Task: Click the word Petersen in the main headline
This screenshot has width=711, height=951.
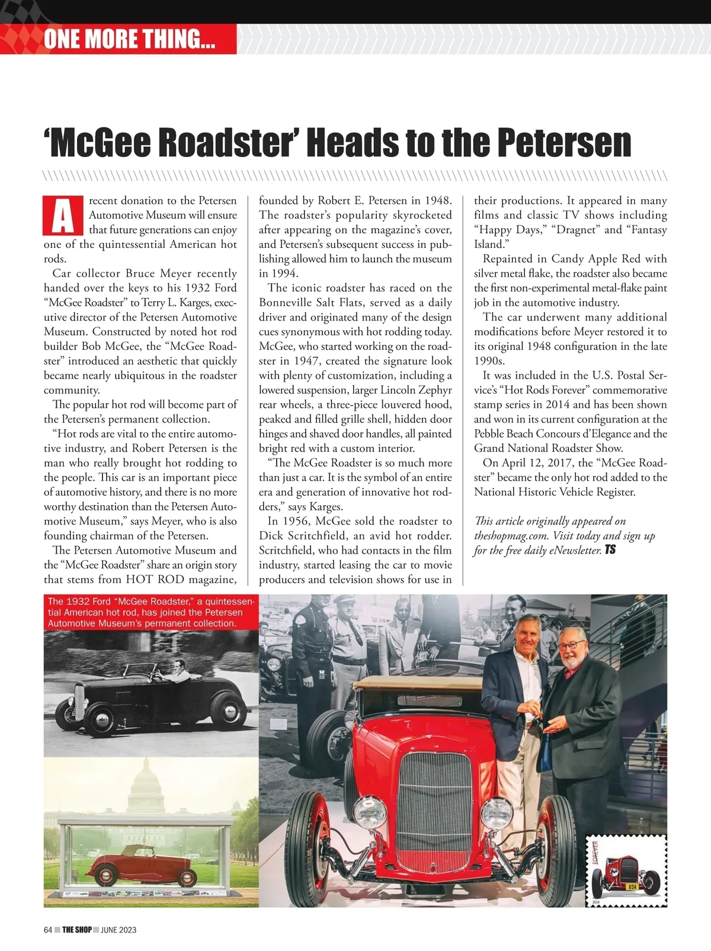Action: [x=563, y=142]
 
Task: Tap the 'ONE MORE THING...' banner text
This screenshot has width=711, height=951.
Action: [x=129, y=39]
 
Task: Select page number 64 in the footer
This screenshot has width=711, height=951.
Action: [x=48, y=930]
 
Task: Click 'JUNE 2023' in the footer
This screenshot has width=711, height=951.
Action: [x=118, y=930]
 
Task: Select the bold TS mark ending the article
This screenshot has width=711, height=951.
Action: [x=610, y=550]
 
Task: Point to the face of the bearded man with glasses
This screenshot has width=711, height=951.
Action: [x=573, y=643]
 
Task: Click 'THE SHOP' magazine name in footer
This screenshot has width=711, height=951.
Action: [x=77, y=930]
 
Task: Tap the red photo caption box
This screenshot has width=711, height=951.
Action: [x=151, y=612]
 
